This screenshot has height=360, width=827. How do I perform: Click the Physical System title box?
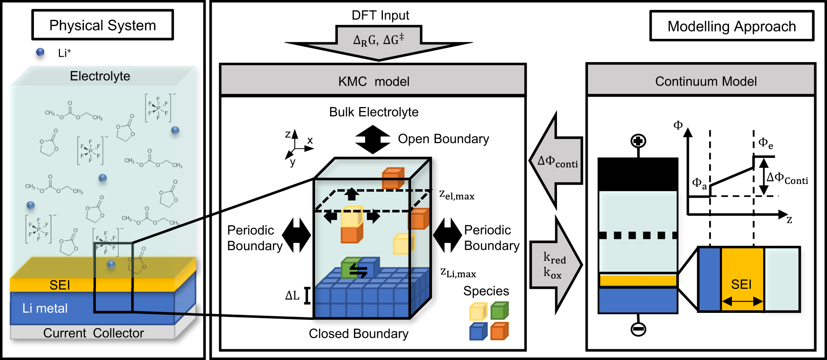pos(103,25)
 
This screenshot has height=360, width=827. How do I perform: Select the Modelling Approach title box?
pos(731,26)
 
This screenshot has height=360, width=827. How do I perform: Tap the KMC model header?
pos(373,81)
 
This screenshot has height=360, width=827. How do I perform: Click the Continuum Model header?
pos(705,81)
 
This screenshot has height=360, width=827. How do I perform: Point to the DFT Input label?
pos(380,15)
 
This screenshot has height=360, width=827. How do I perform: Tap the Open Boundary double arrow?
pos(373,139)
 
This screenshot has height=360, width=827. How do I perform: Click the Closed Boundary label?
pos(359,334)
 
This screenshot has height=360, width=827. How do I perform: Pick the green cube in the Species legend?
pos(500,311)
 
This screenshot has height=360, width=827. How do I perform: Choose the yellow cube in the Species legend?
pos(478,312)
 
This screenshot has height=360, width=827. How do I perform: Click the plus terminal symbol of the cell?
pos(638,141)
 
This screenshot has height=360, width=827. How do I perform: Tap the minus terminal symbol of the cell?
pos(638,329)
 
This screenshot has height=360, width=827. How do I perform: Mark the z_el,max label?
pos(457,195)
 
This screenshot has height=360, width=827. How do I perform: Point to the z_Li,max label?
pos(458,272)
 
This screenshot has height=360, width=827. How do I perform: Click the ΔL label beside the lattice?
pos(292,296)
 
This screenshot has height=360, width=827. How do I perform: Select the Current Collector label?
pos(93,333)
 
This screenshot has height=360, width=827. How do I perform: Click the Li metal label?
pos(45,308)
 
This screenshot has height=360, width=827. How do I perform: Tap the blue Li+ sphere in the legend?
pos(40,52)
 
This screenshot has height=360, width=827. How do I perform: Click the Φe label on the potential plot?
pos(765,143)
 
